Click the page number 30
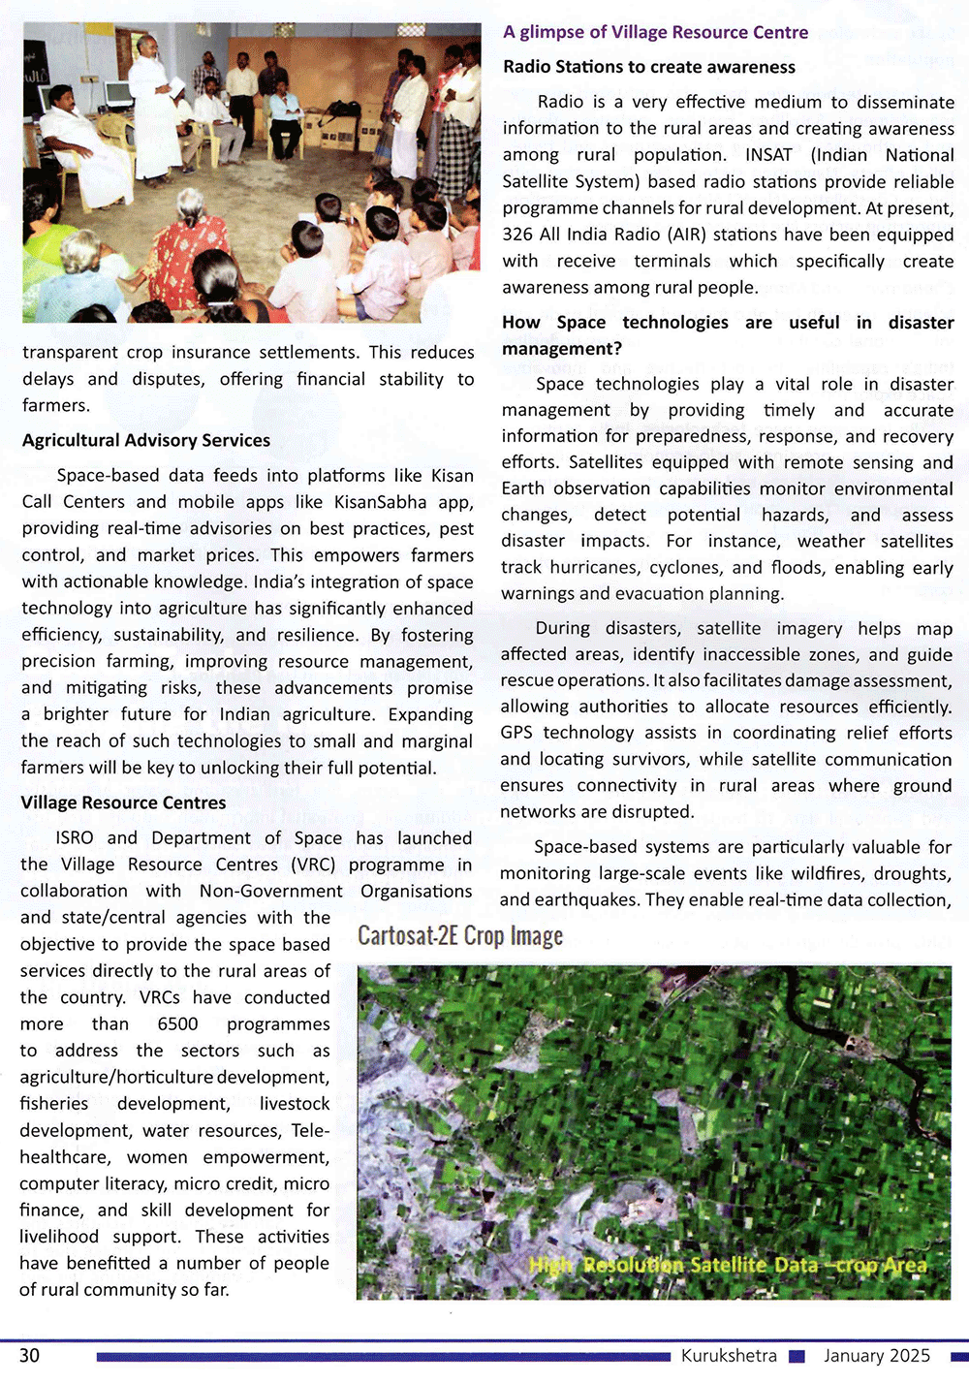(x=30, y=1355)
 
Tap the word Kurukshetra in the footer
(x=729, y=1355)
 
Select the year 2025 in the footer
(x=909, y=1355)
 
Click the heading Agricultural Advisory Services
(x=146, y=440)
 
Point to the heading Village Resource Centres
(x=123, y=802)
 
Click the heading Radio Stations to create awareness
(x=649, y=67)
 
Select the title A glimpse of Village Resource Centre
(x=655, y=32)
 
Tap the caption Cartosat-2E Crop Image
(x=460, y=936)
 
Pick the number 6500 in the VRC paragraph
(x=177, y=1023)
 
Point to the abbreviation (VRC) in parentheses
(x=313, y=865)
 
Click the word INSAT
(x=768, y=155)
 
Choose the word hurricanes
(x=596, y=567)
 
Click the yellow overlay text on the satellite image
(x=728, y=1265)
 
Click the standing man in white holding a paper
(x=155, y=107)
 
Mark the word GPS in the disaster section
(x=517, y=733)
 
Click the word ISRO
(x=75, y=838)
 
